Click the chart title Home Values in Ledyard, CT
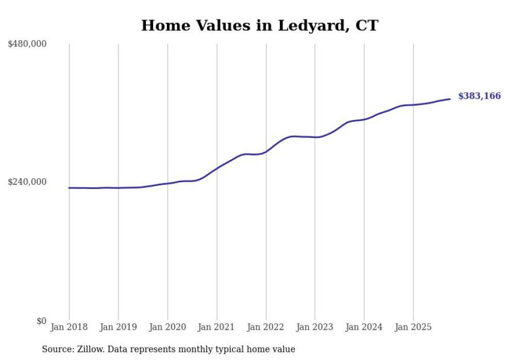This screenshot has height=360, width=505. point(260,25)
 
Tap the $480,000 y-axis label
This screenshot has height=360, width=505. point(27,44)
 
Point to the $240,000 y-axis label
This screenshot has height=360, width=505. point(27,182)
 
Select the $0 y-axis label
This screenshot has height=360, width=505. point(41,321)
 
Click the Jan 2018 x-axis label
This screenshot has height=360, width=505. point(69,327)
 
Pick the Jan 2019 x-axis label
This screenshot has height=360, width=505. point(118,327)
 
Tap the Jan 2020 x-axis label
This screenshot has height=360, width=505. point(167,327)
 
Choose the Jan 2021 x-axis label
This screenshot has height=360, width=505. point(216,327)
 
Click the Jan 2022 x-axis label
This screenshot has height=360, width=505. point(266,327)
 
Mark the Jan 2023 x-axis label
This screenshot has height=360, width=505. point(315,327)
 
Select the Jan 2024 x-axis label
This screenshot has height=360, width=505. point(364,327)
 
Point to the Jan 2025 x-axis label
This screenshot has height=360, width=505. point(413,327)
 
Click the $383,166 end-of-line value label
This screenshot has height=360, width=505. point(479,96)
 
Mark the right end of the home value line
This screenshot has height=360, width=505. point(450,99)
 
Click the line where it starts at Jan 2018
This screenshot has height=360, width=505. point(69,188)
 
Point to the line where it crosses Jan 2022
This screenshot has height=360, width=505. point(266,151)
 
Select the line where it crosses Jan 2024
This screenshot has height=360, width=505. point(364,119)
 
